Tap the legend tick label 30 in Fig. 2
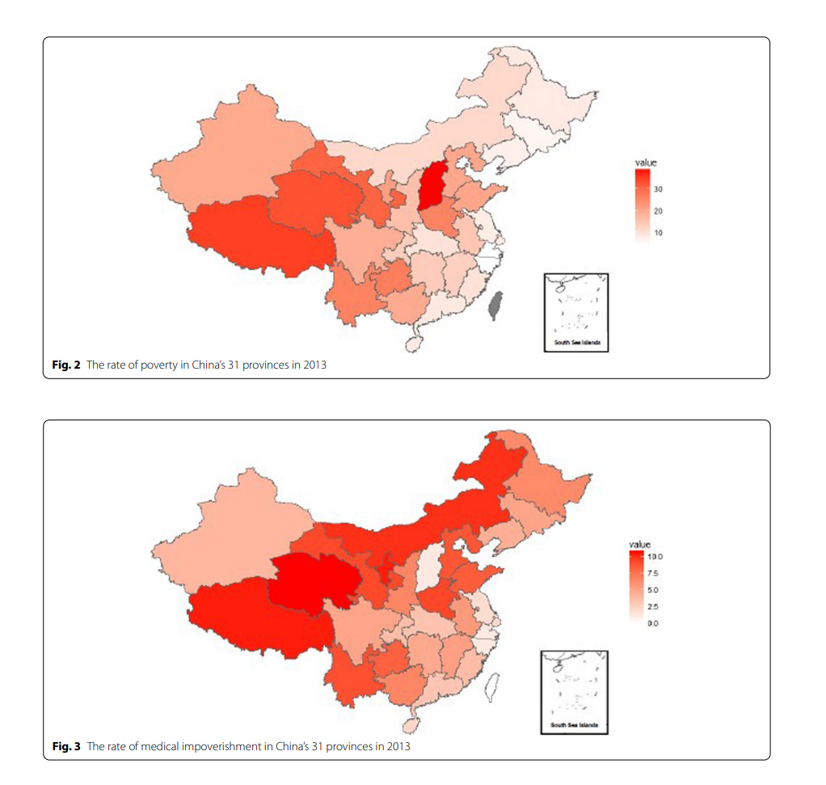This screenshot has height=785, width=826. click(x=658, y=189)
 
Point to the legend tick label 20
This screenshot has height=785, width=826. click(x=658, y=211)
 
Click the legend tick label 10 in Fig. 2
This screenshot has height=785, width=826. click(x=658, y=233)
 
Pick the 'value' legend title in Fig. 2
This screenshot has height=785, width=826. click(x=646, y=162)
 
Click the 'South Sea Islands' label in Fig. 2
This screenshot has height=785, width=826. click(x=575, y=343)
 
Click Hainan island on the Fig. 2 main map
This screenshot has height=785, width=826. click(x=413, y=344)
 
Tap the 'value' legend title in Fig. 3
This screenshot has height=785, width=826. click(x=639, y=545)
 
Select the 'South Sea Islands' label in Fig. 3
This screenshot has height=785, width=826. click(x=574, y=724)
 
